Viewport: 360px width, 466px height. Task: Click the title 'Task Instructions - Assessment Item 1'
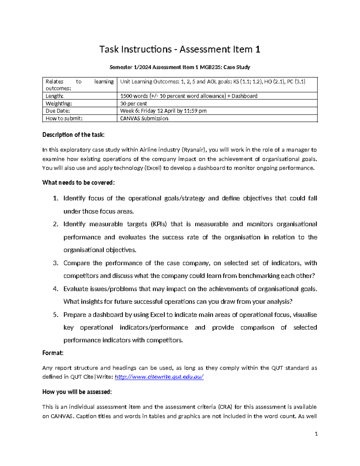(180, 49)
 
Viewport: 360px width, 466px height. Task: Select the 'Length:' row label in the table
(54, 96)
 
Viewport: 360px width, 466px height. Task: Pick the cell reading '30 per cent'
(133, 104)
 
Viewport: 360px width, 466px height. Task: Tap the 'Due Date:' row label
(58, 111)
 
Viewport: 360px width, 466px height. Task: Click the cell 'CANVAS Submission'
(144, 119)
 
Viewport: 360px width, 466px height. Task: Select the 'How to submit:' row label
(64, 119)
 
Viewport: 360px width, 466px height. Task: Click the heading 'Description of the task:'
(73, 135)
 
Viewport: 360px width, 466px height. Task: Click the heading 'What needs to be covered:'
(78, 183)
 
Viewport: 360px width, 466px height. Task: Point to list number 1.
(55, 198)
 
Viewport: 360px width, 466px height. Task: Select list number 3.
(55, 263)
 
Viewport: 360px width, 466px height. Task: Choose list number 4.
(55, 289)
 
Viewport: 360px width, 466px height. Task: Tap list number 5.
(55, 315)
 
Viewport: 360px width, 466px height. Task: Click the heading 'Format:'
(53, 353)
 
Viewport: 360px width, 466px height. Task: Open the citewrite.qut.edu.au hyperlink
(159, 377)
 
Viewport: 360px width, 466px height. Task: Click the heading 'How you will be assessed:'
(77, 392)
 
